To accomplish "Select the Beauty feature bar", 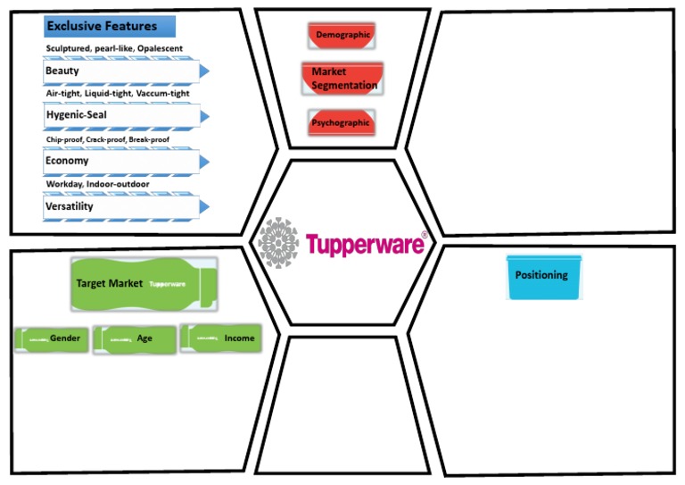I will pos(120,71).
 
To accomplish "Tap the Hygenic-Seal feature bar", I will pos(120,115).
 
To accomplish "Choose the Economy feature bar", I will pos(120,161).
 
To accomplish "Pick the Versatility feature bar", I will pos(120,206).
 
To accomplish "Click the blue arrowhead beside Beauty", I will pos(204,71).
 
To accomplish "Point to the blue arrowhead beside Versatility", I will pos(204,206).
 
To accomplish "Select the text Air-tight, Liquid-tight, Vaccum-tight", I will pos(118,93).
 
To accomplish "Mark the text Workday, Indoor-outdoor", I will pos(97,184).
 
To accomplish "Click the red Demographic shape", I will pos(342,35).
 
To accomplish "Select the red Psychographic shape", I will pos(342,122).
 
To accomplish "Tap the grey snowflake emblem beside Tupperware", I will pos(278,242).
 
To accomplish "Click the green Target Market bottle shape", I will pos(142,284).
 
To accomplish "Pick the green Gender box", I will pos(51,339).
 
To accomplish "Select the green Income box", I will pos(220,338).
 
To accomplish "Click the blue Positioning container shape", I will pos(543,277).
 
